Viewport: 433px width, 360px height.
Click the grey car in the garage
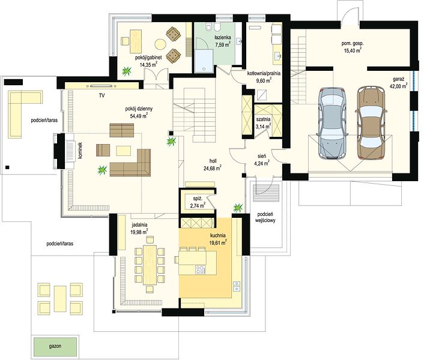click(332, 123)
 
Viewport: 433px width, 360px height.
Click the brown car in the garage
click(371, 123)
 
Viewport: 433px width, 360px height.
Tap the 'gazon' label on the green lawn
click(55, 346)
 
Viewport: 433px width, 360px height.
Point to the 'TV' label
click(102, 96)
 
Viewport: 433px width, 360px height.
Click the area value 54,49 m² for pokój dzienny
click(139, 116)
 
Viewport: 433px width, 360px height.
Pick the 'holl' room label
click(213, 161)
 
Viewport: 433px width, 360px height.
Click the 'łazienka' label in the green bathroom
click(223, 37)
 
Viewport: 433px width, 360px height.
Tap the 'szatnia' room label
click(264, 119)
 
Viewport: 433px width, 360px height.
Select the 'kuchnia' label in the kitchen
click(217, 236)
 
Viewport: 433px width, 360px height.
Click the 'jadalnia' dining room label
click(139, 224)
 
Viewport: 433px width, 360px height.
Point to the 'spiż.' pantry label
click(198, 199)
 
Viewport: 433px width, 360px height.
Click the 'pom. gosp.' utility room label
click(353, 43)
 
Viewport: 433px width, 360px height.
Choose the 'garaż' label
click(399, 79)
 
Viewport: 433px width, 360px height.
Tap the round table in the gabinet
click(160, 44)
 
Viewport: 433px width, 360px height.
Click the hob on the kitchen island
click(200, 269)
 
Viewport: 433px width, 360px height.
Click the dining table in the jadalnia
click(150, 265)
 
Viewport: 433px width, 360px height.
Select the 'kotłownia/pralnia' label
click(264, 73)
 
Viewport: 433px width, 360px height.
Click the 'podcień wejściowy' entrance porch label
click(265, 217)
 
